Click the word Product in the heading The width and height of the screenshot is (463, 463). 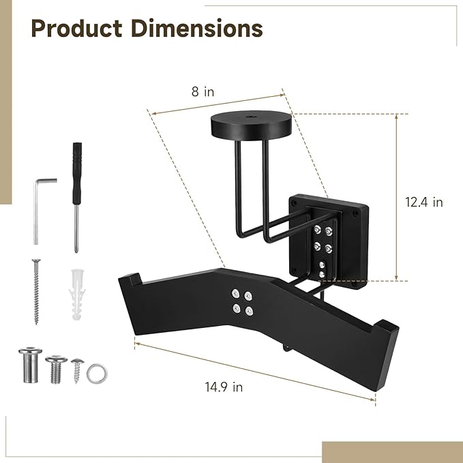point(76,29)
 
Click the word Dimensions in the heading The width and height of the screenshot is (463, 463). point(196,29)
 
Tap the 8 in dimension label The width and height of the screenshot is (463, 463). point(203,91)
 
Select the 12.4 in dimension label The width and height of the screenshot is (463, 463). point(424,202)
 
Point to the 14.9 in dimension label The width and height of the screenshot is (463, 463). point(224,387)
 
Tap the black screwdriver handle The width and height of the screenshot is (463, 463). point(77,173)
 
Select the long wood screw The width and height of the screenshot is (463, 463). point(36,292)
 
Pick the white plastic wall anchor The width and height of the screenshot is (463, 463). point(77,295)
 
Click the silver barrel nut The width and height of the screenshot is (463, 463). point(30,365)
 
